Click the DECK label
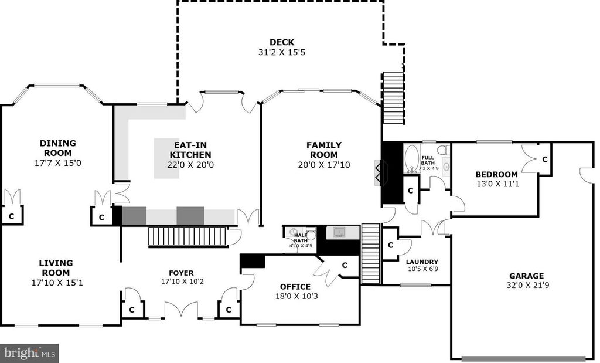(281, 42)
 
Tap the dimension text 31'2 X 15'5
(281, 52)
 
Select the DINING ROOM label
(58, 148)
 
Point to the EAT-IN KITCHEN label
(190, 150)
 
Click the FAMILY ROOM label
(323, 150)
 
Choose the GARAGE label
(526, 276)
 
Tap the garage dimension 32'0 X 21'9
(526, 286)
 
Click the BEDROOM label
(496, 174)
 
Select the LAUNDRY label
(422, 262)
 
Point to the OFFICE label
(295, 286)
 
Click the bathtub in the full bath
(412, 158)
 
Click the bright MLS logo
(29, 353)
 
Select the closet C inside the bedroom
(544, 160)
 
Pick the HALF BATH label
(301, 238)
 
